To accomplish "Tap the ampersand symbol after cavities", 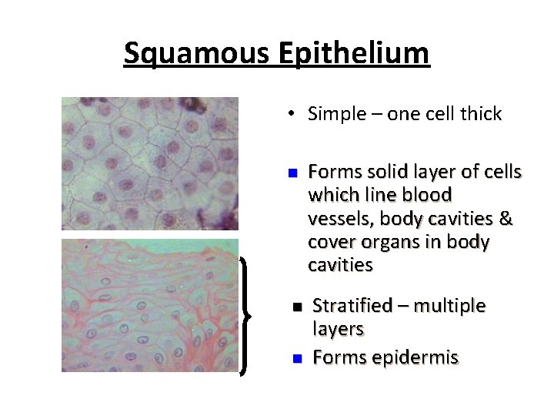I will tap(506, 219).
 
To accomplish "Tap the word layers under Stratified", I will tap(338, 330).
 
